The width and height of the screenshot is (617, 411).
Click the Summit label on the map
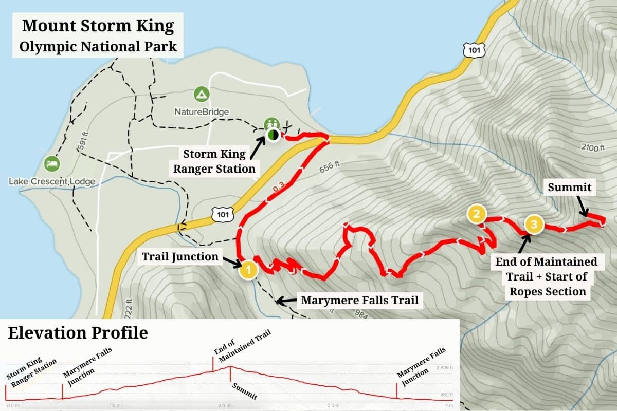(x=569, y=188)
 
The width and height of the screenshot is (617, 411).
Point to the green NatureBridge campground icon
(x=201, y=95)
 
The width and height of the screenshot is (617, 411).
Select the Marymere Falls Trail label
(x=359, y=300)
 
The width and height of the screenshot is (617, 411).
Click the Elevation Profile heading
(x=78, y=333)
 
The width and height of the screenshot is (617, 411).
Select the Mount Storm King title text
(x=97, y=26)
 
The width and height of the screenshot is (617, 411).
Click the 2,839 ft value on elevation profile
(x=445, y=368)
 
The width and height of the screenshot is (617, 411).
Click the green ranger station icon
(x=271, y=124)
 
